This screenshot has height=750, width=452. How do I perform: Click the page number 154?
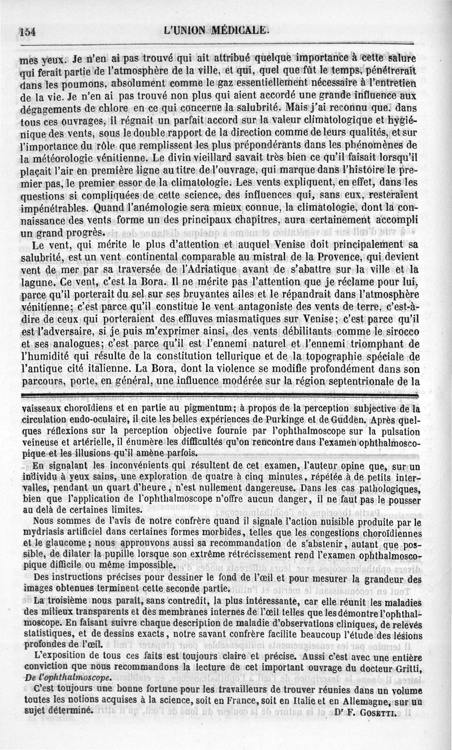27,32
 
